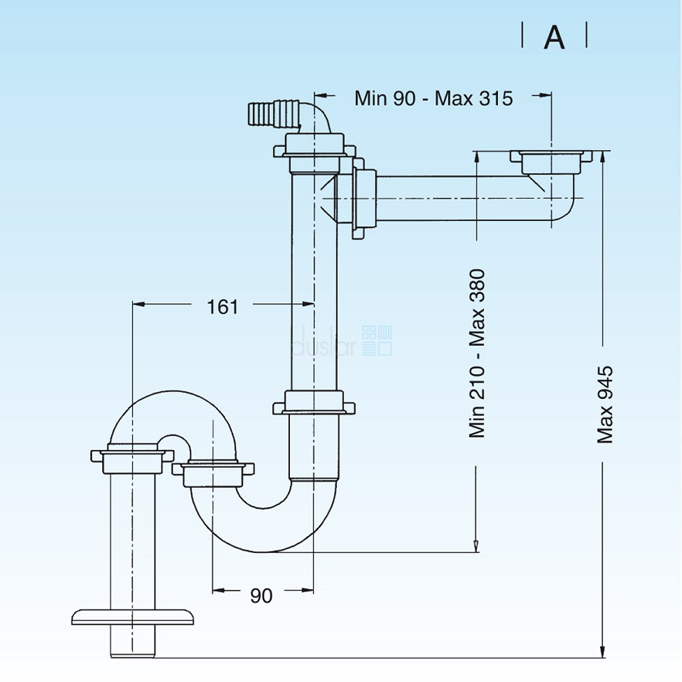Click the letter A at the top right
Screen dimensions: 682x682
point(554,38)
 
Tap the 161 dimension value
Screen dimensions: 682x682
point(222,307)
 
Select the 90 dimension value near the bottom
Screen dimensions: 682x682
point(261,595)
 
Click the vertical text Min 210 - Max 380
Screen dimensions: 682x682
point(477,353)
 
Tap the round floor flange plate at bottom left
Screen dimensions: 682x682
point(132,616)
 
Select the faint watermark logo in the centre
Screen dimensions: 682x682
point(341,341)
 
